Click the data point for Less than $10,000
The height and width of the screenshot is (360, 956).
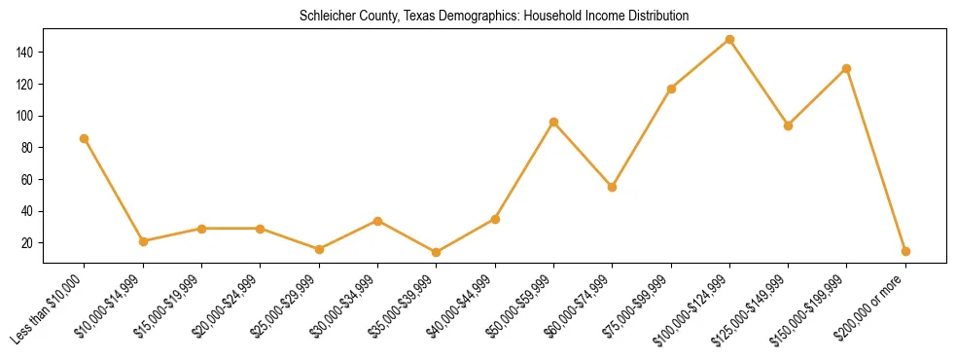85,138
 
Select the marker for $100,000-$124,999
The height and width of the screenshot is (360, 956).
729,40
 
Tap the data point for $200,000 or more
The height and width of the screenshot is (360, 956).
905,251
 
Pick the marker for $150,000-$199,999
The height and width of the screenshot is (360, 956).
847,68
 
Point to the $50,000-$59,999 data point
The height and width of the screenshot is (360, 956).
553,122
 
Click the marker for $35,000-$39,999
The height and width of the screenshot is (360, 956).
436,252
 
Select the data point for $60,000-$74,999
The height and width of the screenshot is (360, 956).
612,187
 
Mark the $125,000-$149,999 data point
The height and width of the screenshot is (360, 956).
788,126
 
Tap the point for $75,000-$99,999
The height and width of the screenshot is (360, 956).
671,89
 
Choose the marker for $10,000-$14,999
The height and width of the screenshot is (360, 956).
143,241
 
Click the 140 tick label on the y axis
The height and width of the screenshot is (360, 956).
25,52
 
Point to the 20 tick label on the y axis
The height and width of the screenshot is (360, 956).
28,243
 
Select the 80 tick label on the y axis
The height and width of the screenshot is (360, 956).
28,148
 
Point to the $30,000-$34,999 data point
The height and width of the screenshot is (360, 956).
377,221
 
